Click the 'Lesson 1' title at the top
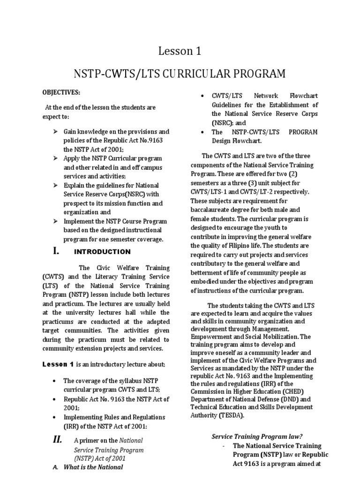pyautogui.click(x=180, y=51)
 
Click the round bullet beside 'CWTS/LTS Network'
pyautogui.click(x=202, y=96)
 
